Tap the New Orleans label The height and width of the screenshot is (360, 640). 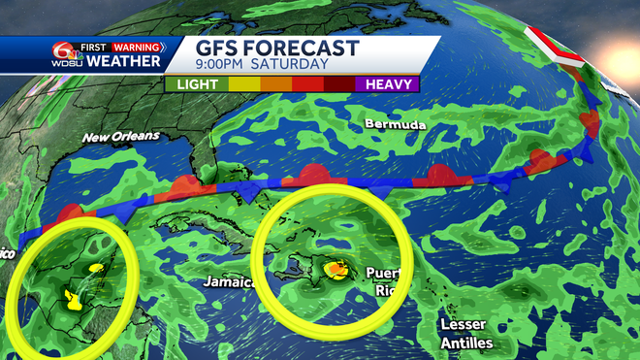pos(120,137)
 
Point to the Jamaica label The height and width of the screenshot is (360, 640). pos(229,282)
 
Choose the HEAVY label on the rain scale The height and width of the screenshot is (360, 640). pos(391,84)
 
